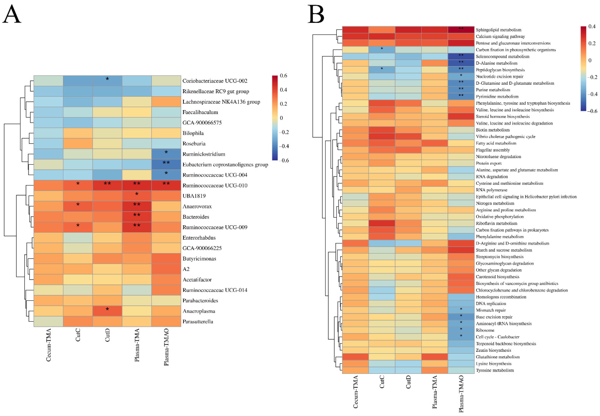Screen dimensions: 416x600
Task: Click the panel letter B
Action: [316, 14]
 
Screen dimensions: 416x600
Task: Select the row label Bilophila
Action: [193, 133]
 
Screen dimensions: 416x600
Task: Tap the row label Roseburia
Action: [194, 144]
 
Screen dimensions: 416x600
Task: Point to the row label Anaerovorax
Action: [197, 206]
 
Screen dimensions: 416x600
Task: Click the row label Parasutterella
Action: [198, 322]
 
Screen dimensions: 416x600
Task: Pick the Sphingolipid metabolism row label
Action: [498, 30]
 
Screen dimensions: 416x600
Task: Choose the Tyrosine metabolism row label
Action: [495, 370]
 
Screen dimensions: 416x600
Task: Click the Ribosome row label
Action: [485, 330]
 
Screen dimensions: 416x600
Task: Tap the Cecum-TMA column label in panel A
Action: [49, 345]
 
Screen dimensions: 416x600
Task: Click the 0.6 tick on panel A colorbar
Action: [283, 76]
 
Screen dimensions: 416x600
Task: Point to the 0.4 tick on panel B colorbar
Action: [592, 26]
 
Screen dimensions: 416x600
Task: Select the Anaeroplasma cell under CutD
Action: [107, 311]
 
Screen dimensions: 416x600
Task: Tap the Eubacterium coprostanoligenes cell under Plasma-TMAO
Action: [166, 164]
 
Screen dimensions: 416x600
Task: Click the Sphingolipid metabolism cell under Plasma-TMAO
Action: [461, 29]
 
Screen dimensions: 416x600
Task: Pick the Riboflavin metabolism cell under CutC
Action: [382, 223]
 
